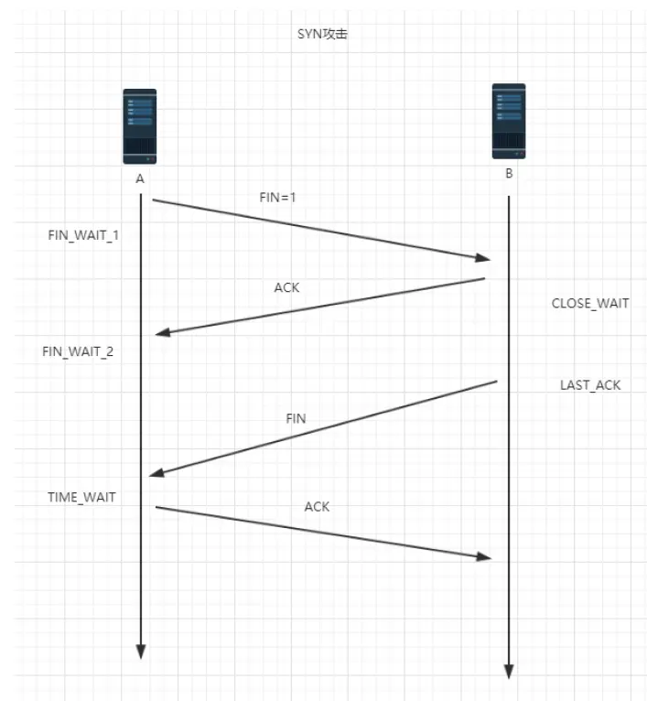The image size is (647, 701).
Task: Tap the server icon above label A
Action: pos(140,125)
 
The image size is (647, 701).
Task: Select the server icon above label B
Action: pos(509,120)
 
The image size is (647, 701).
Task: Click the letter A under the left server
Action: pos(140,179)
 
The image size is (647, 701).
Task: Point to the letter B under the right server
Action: pos(509,174)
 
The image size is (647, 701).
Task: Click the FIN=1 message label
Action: pos(278,197)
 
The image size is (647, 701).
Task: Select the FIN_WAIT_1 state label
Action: pos(83,234)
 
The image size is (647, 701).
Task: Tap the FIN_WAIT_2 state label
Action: pos(78,351)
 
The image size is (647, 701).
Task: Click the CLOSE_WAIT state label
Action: pos(590,303)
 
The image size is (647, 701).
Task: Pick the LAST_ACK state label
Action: pos(590,385)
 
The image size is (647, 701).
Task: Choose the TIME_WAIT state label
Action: pos(81,497)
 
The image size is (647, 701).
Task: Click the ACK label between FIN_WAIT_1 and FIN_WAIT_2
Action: pos(286,287)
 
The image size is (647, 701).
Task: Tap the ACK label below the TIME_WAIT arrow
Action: pos(317,506)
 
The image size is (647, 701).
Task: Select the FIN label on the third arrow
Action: pos(296,418)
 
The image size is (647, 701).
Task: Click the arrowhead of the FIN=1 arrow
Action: pos(482,259)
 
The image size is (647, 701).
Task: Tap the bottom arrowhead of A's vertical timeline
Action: pos(141,652)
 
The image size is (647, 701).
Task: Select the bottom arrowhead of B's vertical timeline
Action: pos(509,673)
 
